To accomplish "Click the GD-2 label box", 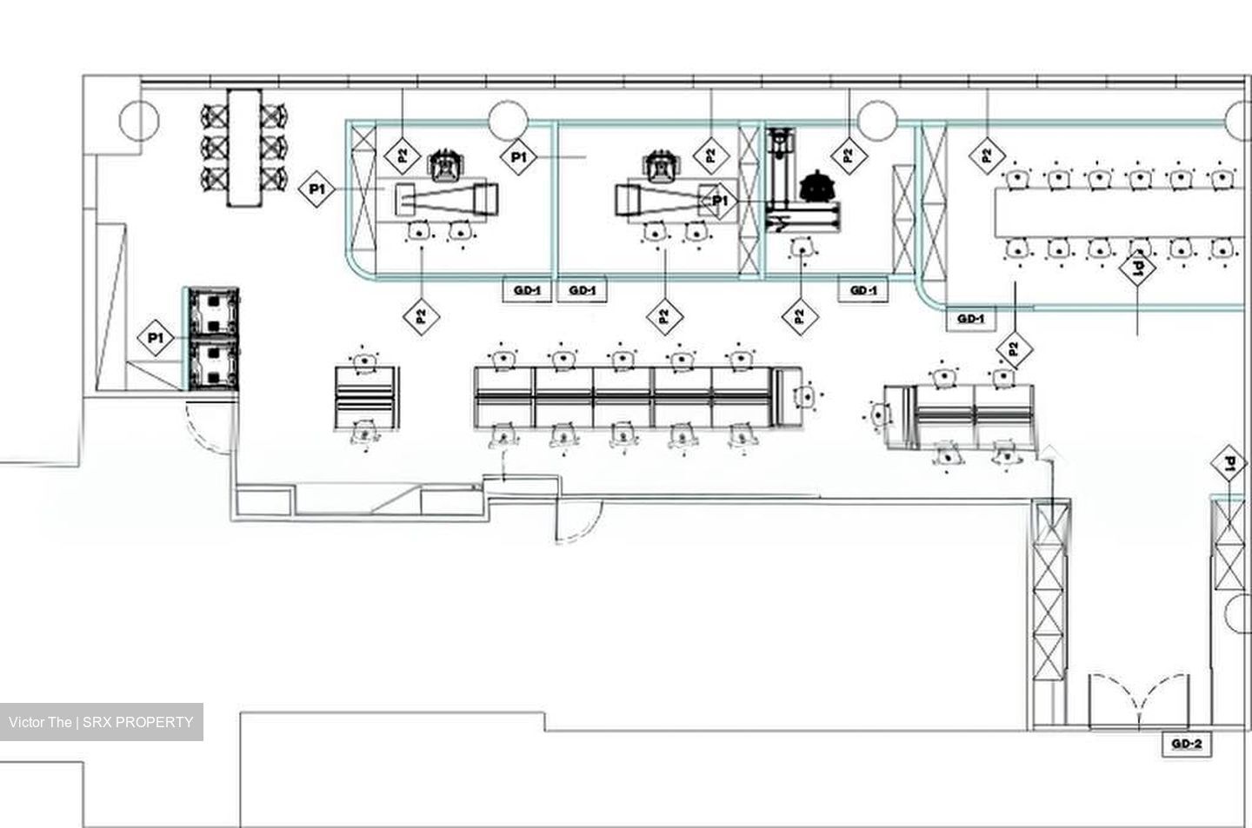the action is [x=1187, y=744].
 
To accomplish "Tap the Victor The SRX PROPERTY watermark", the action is [x=101, y=722].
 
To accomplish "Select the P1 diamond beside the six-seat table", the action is [x=316, y=189].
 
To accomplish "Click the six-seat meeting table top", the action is [x=244, y=148].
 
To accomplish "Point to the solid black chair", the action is [x=817, y=186].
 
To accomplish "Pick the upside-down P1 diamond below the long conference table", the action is [x=1138, y=268].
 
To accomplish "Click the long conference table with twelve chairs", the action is [x=1121, y=212].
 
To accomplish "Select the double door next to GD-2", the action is [x=1139, y=700].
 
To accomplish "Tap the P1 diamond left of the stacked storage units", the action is [x=156, y=338].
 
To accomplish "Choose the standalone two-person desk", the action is [x=367, y=397].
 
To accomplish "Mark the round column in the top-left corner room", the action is [x=139, y=120].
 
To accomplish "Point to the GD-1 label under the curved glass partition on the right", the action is [x=971, y=319].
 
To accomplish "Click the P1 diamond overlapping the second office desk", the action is [x=720, y=201].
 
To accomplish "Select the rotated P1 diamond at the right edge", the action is [x=1229, y=463].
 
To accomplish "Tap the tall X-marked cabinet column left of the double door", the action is [x=1050, y=592].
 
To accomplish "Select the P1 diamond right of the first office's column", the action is [x=519, y=157].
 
